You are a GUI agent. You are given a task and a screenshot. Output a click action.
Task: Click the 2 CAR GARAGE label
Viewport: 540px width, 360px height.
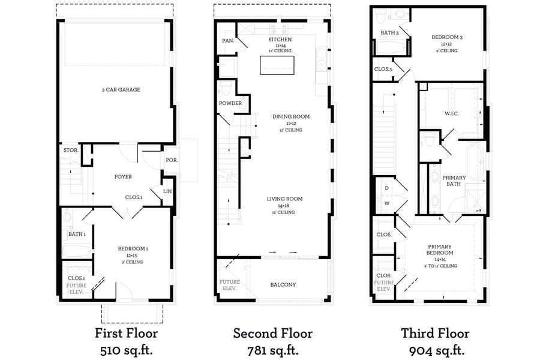pos(121,90)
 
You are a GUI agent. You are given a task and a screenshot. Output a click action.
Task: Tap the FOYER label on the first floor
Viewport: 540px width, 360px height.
pos(123,177)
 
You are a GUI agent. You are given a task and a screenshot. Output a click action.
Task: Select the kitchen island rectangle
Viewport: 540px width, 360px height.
pos(277,65)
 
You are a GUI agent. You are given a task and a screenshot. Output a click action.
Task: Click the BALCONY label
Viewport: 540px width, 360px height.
pos(283,284)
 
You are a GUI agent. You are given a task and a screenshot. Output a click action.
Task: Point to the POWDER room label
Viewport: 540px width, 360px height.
pos(230,103)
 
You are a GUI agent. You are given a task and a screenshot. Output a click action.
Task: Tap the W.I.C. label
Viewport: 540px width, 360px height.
pos(451,113)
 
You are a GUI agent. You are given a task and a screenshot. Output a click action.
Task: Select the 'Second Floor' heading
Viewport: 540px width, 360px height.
pos(273,333)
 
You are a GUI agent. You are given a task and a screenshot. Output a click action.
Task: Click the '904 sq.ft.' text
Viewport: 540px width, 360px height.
pos(437,350)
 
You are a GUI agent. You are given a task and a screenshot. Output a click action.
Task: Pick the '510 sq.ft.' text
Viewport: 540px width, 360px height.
pos(127,350)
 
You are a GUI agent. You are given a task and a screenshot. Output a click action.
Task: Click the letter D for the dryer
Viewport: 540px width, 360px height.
pos(387,188)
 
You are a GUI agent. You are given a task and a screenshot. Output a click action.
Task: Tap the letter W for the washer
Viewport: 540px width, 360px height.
pos(387,203)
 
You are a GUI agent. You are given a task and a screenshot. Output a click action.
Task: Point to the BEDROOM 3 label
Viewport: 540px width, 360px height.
pos(447,37)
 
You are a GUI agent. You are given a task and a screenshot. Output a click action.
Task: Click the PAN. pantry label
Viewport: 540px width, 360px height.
pos(228,41)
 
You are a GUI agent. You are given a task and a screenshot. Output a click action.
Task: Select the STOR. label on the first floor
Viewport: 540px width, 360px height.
pos(71,150)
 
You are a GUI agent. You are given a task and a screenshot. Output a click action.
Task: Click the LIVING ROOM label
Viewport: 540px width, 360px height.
pos(285,199)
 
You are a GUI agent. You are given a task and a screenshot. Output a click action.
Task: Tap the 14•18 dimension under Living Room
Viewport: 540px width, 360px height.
pos(284,206)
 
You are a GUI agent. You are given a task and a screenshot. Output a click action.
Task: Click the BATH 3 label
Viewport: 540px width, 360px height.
pos(390,33)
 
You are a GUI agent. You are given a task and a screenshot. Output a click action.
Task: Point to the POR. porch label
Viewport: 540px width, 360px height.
pos(172,160)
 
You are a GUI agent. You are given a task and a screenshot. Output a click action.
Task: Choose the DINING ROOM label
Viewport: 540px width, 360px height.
pos(291,116)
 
